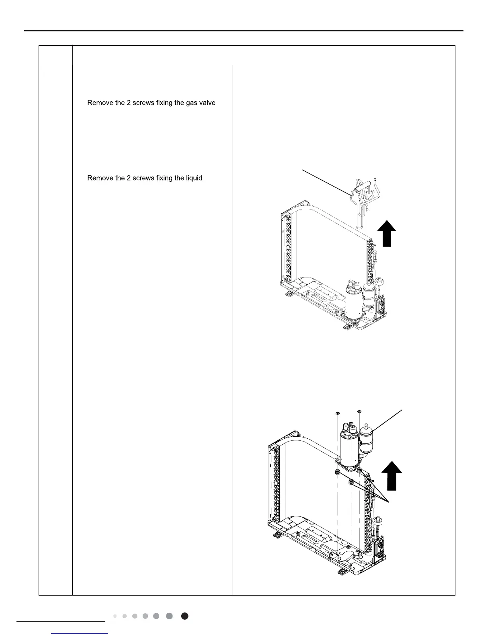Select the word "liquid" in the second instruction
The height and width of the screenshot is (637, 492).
coord(193,178)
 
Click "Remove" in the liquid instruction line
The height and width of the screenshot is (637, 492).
coord(100,178)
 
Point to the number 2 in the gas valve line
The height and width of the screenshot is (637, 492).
coord(129,103)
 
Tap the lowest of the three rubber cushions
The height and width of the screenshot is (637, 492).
coord(351,482)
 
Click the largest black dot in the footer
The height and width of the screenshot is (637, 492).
coord(185,616)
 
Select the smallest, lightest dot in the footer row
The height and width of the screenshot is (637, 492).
coord(115,616)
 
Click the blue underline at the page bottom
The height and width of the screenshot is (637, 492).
coord(80,634)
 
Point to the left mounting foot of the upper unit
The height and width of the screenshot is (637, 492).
coord(288,296)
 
